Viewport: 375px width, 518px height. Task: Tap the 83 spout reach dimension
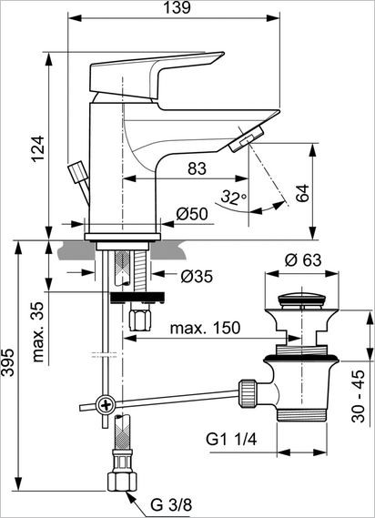point(196,168)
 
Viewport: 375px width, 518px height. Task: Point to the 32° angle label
point(233,197)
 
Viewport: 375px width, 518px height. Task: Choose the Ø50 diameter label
point(192,214)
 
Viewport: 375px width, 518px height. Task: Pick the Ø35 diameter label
point(197,276)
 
